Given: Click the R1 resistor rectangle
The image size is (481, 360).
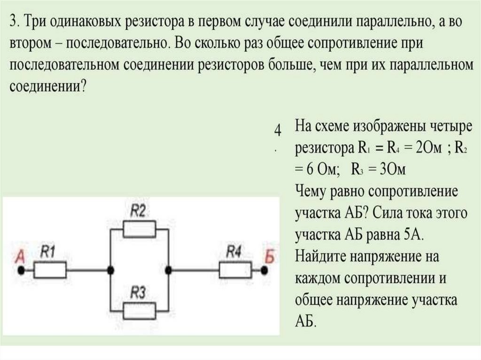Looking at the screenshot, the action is point(50,270).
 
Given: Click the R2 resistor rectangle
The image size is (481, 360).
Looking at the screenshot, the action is point(139,230).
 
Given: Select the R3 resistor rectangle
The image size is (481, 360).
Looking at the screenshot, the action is point(139,310).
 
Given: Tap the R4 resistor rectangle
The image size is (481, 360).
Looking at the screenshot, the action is point(234,270).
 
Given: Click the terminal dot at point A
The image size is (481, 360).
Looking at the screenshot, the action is point(21,270).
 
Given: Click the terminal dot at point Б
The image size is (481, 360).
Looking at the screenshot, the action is point(265,270).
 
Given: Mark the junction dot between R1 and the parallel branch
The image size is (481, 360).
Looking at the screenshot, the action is point(110,270).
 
